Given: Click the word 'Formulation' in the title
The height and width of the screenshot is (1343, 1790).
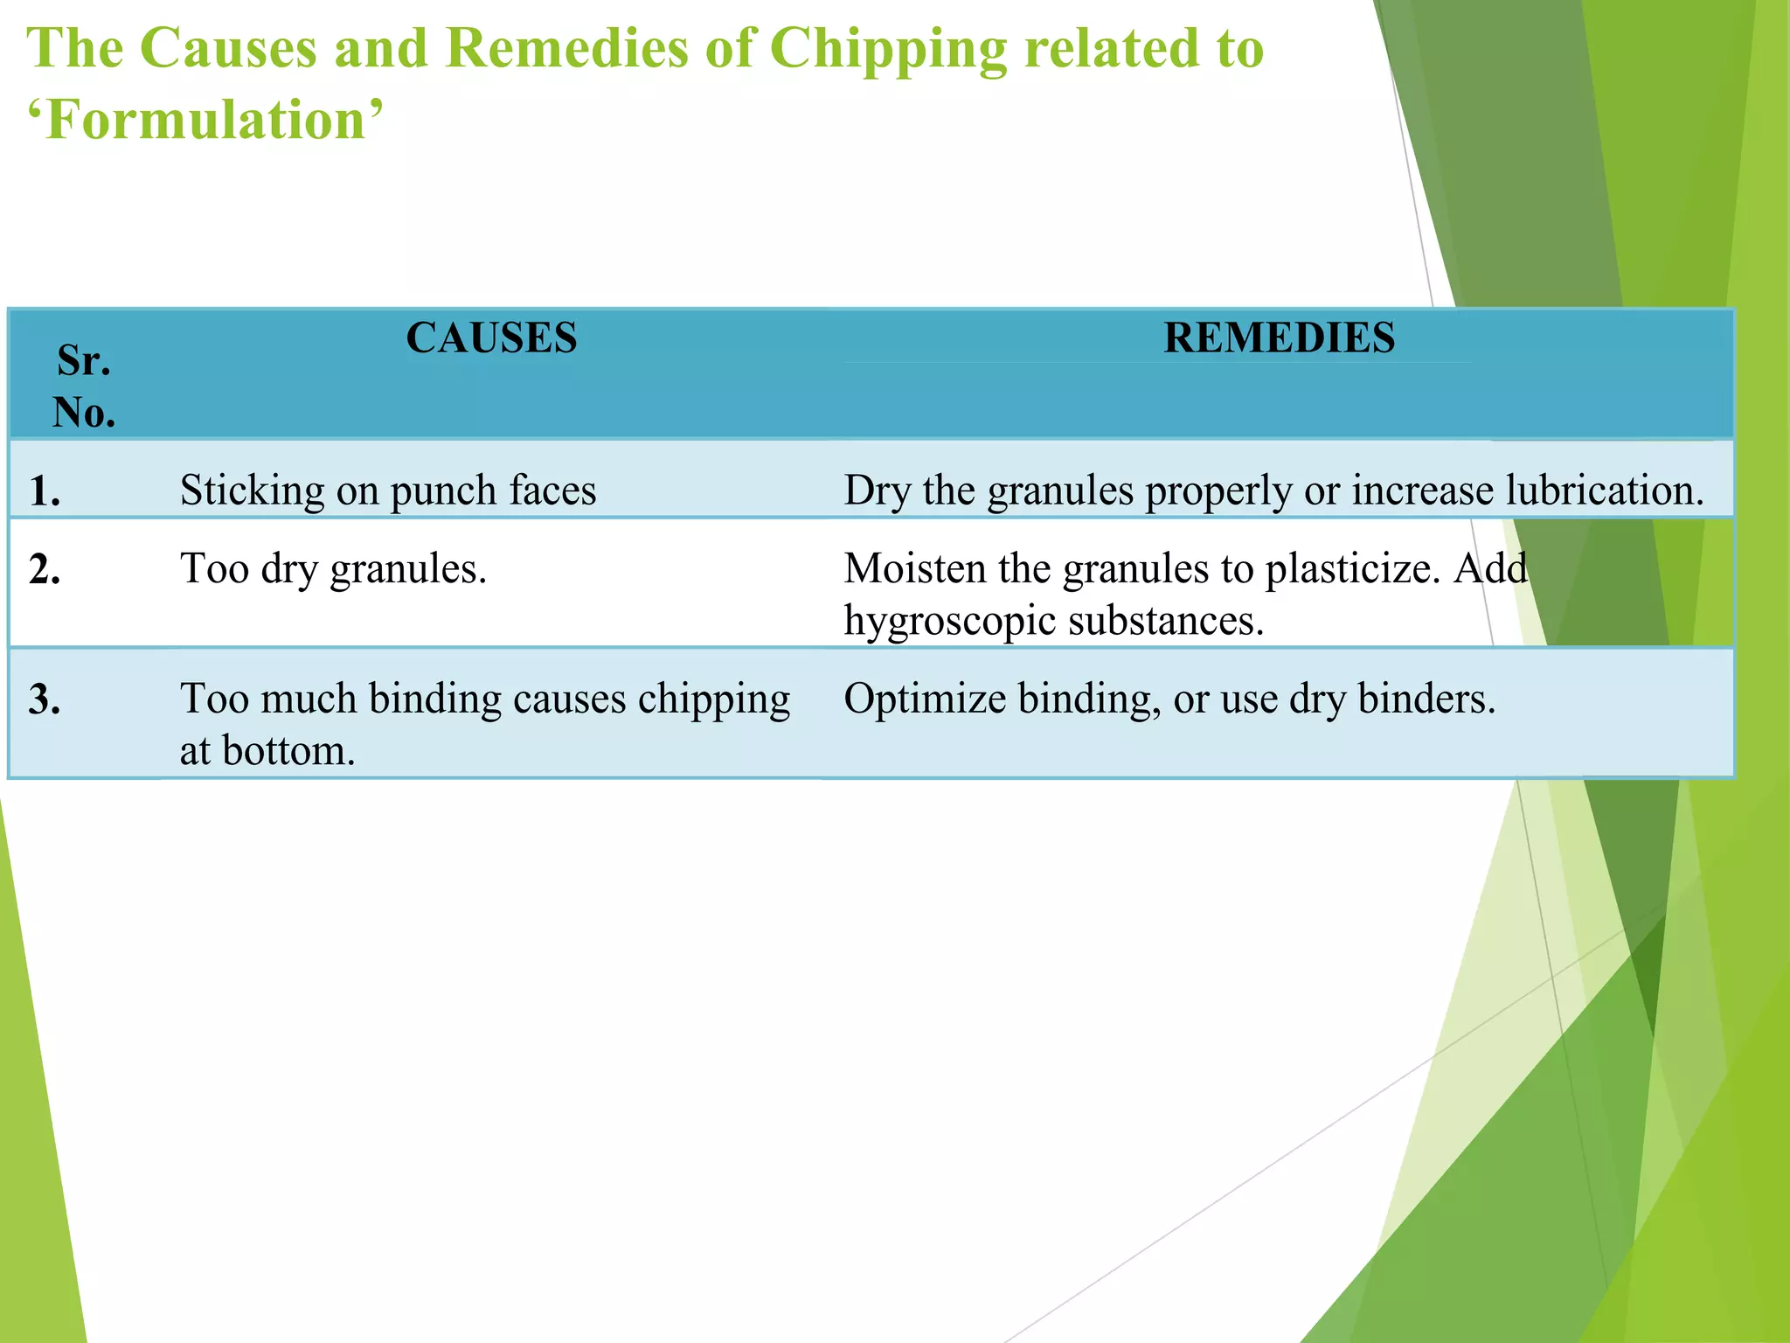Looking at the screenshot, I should (x=205, y=120).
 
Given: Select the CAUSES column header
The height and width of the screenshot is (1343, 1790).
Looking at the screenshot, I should (x=491, y=338).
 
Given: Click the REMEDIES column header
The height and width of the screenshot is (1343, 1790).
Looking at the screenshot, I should (x=1279, y=338).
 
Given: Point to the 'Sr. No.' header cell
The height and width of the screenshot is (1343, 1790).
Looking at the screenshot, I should (x=84, y=386).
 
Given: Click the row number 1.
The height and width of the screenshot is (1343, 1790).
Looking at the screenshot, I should (x=45, y=491).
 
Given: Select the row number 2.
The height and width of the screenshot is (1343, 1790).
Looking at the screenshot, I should (x=45, y=570).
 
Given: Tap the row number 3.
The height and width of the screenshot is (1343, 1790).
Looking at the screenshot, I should (x=45, y=699).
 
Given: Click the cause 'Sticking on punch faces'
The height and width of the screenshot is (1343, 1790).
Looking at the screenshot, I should (x=388, y=491).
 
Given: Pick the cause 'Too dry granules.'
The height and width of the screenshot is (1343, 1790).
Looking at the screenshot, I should (x=333, y=569).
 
